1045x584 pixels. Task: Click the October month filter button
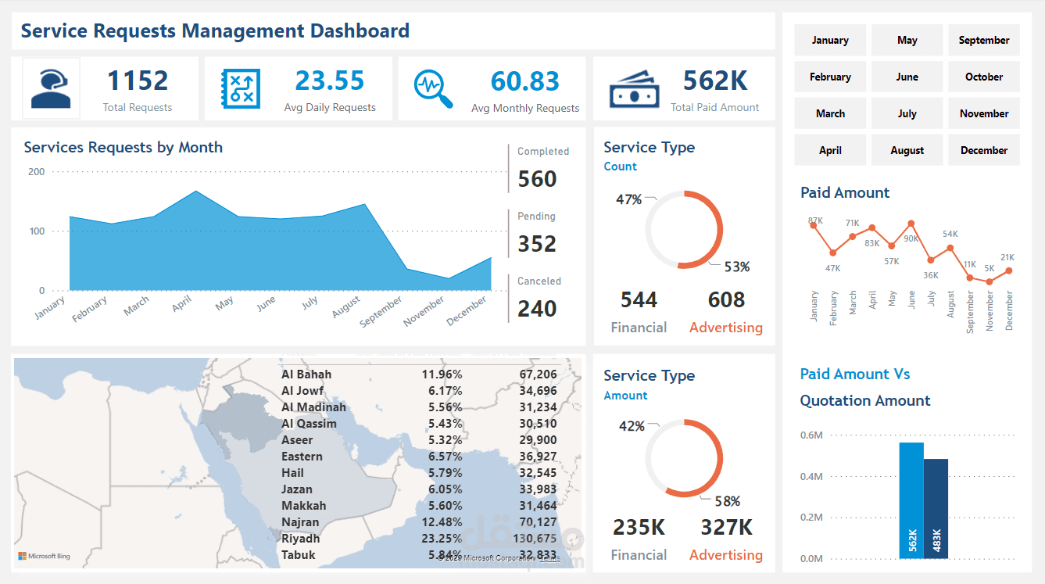[983, 77]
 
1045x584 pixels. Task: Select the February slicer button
[830, 77]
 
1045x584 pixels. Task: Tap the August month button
[907, 150]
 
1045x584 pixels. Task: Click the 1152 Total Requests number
[138, 81]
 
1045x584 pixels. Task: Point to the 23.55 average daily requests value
[330, 81]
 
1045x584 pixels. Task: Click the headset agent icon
[51, 88]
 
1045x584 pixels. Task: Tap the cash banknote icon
[635, 89]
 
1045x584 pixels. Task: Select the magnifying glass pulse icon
[433, 89]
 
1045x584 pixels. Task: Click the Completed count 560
[537, 179]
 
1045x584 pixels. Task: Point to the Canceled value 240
[537, 309]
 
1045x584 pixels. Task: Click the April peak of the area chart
[195, 192]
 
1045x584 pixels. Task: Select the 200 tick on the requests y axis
[36, 171]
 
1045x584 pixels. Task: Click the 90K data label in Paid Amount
[911, 238]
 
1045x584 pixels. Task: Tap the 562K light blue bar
[911, 500]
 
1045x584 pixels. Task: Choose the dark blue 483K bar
[936, 508]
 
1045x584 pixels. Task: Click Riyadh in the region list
[301, 539]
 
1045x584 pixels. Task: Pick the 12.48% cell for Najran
[442, 522]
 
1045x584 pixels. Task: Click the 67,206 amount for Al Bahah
[537, 374]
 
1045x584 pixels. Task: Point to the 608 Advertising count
[726, 300]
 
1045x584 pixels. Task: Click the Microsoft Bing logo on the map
[45, 556]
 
